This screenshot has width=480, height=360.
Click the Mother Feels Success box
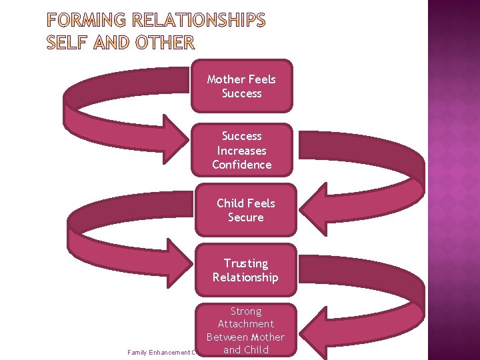pos(241,86)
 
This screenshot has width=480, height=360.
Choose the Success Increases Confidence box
pos(241,150)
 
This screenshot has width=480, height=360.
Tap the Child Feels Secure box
pos(245,210)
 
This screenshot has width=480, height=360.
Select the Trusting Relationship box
pos(245,270)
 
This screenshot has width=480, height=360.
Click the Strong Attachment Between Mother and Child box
pos(245,330)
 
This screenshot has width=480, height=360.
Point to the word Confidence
pos(241,165)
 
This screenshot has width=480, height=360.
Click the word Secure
pos(245,217)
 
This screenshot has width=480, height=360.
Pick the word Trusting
pos(245,263)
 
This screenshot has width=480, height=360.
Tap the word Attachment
pos(245,324)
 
